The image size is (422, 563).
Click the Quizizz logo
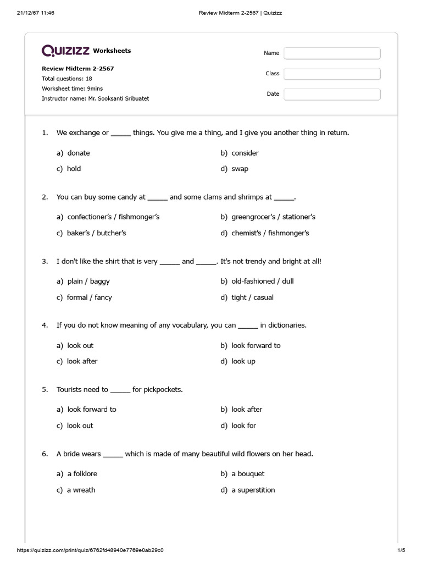pos(66,51)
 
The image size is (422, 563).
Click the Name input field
pos(332,53)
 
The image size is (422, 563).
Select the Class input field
pos(332,73)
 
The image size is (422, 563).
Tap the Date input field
pos(332,94)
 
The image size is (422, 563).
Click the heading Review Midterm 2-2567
pos(78,69)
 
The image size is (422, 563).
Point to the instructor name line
pos(95,98)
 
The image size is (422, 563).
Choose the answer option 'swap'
pos(240,169)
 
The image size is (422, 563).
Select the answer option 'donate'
pos(78,153)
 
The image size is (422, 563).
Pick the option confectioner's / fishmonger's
pos(113,217)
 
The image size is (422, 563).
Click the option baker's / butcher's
pos(96,233)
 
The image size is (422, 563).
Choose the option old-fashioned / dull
pos(262,281)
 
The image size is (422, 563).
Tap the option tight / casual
pos(252,297)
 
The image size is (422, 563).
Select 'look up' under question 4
pos(243,361)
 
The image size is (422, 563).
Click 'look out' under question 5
pos(80,426)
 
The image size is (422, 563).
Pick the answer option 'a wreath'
pos(81,490)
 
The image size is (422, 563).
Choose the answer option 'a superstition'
pos(253,490)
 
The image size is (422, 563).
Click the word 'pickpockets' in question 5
pos(163,389)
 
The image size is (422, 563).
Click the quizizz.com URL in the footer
pos(91,550)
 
